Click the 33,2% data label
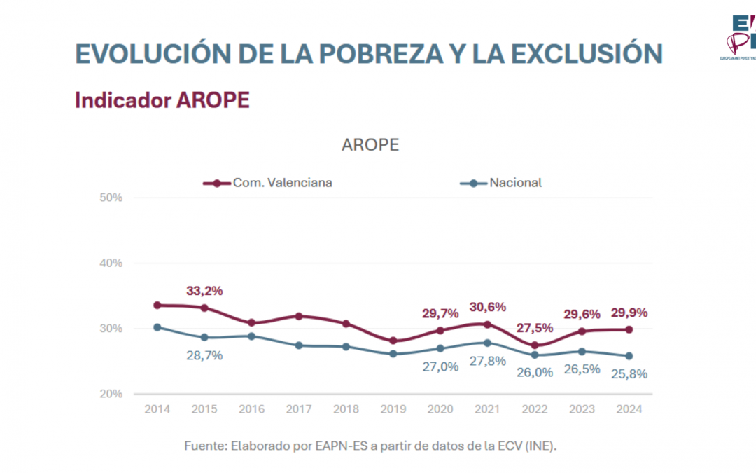[x=204, y=291]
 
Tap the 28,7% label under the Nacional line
[x=204, y=355]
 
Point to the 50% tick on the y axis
[x=112, y=198]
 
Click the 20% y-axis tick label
[x=112, y=394]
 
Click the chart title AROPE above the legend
[x=370, y=145]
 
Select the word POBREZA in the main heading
[x=366, y=54]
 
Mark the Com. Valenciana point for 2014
[x=157, y=306]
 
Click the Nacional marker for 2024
[x=629, y=356]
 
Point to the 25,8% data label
[x=629, y=374]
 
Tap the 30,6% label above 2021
[x=487, y=307]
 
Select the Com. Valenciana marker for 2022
[x=535, y=345]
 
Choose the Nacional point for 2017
[x=299, y=345]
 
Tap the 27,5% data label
[x=535, y=328]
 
